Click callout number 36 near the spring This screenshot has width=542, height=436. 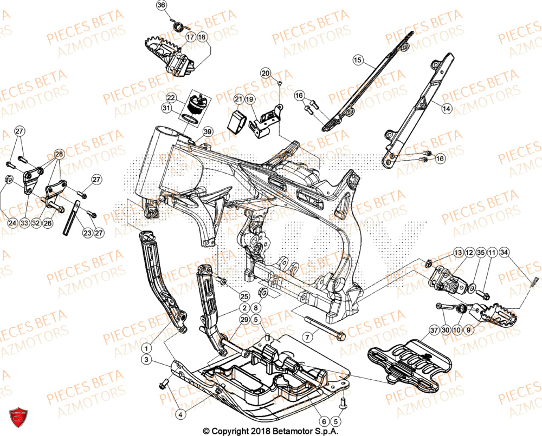(x=160, y=5)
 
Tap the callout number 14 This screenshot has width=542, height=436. (x=446, y=108)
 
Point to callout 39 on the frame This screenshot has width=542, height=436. (x=208, y=133)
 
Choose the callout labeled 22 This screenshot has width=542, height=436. (x=171, y=98)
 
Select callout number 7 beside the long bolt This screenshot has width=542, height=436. (x=307, y=337)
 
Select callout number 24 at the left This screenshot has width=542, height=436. (x=12, y=222)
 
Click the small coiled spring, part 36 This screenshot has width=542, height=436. (x=176, y=24)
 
